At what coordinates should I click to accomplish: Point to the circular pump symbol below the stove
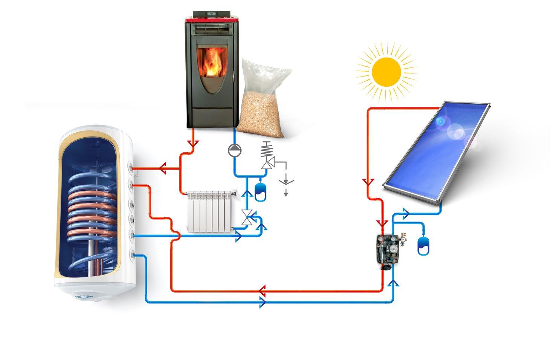pos(234,150)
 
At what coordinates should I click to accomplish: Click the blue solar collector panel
pos(437,151)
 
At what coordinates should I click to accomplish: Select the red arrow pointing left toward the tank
pos(163,168)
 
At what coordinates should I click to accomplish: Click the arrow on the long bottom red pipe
pos(263,291)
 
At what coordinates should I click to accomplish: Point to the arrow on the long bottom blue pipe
pos(263,302)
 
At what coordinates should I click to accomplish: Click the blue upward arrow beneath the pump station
pos(394,283)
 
